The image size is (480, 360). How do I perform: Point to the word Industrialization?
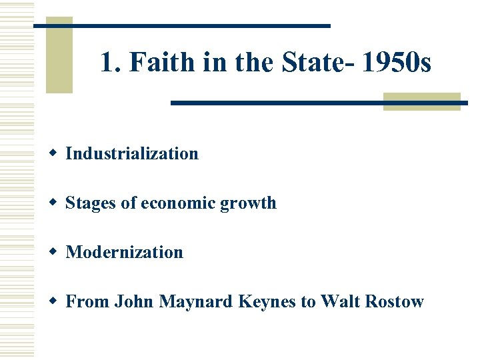point(132,153)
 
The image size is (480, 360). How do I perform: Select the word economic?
point(177,203)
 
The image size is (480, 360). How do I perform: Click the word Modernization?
point(124,252)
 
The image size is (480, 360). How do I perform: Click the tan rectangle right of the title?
point(422,101)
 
